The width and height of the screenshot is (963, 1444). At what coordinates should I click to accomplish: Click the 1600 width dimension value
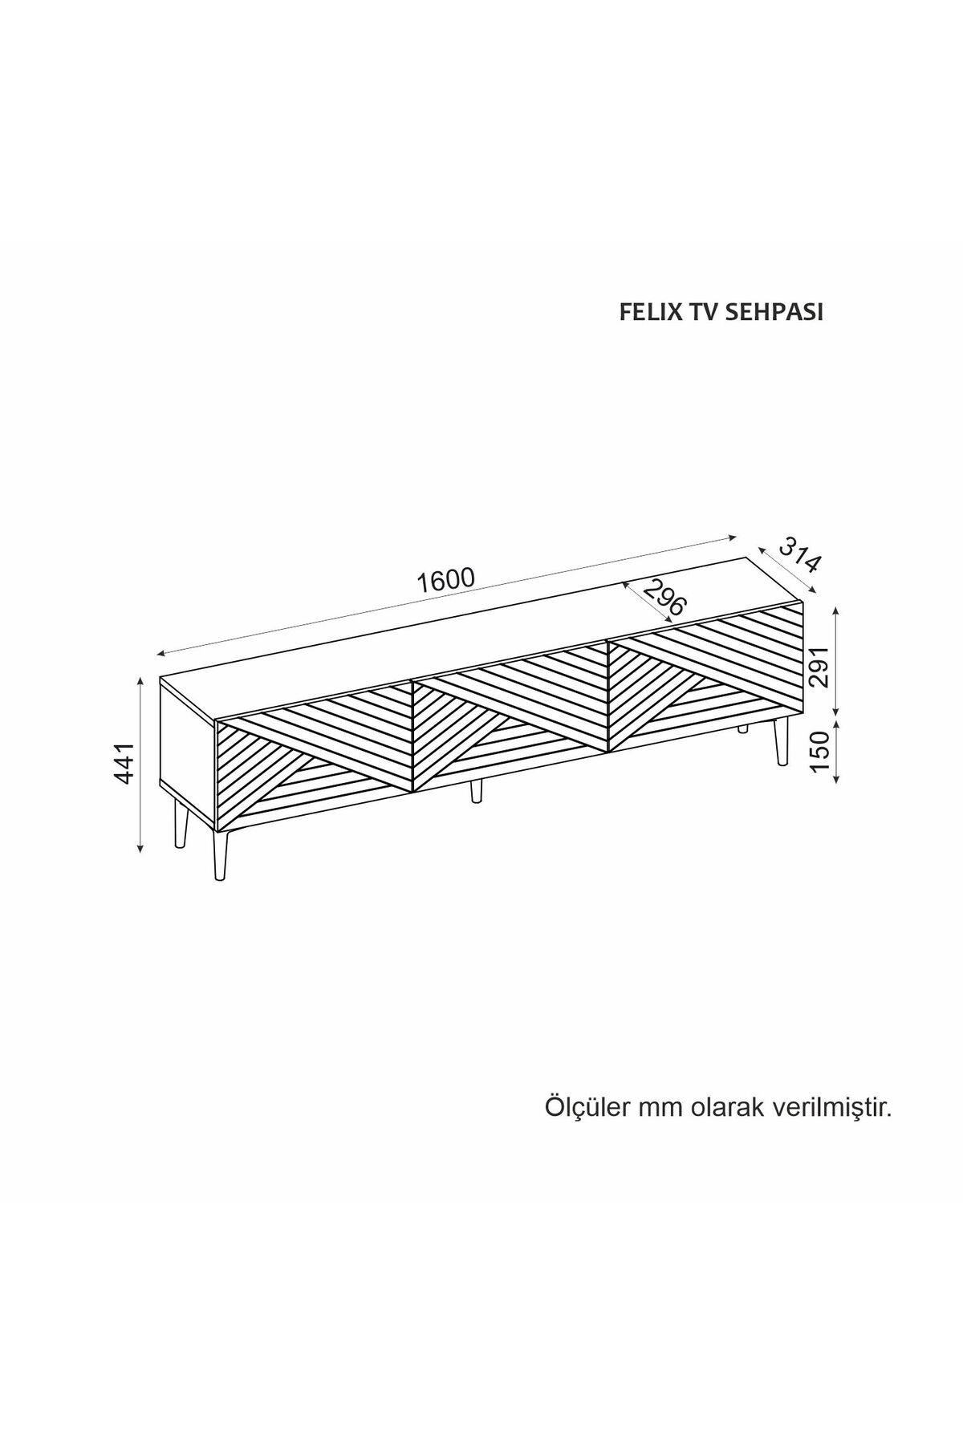[x=446, y=580]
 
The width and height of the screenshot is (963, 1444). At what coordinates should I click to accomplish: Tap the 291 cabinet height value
[x=819, y=667]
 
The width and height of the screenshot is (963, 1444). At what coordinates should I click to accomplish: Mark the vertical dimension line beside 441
[x=141, y=763]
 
